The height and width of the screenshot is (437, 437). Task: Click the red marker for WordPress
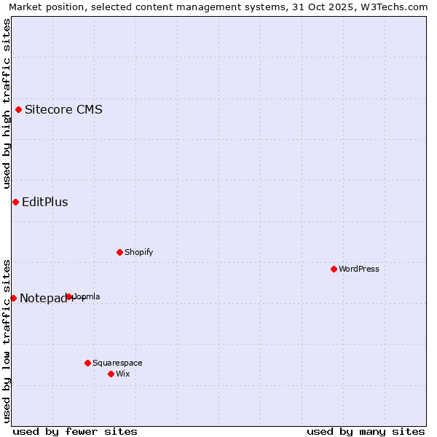[x=334, y=269]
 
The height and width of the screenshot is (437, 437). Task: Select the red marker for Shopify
[x=119, y=252]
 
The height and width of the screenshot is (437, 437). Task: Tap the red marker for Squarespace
[x=87, y=363]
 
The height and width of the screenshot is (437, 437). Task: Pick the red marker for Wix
[x=111, y=374]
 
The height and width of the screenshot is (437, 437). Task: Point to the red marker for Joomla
[x=69, y=296]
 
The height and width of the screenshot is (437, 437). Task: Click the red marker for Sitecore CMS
[x=18, y=110]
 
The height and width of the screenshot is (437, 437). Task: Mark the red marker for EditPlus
[x=15, y=202]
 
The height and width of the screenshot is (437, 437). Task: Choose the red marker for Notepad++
[x=13, y=298]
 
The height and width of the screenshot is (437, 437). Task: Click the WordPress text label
[x=359, y=269]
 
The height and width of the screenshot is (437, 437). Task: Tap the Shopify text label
[x=138, y=252]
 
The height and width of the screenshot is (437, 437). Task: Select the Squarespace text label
[x=117, y=363]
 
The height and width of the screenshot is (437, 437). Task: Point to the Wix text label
[x=123, y=374]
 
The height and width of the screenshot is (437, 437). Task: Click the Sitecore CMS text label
[x=63, y=110]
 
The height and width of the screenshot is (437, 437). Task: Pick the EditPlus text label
[x=45, y=202]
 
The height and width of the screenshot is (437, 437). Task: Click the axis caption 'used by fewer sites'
[x=75, y=431]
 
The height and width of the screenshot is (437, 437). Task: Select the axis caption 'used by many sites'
[x=366, y=431]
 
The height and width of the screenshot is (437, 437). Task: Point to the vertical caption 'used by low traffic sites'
[x=7, y=340]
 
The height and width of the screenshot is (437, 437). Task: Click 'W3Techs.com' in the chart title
[x=398, y=7]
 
